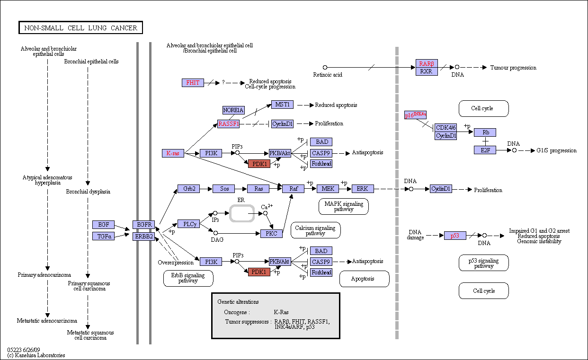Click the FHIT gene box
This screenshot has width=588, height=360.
[x=193, y=83]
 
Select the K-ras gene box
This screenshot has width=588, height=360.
[x=173, y=153]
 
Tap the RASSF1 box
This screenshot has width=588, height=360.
[x=228, y=124]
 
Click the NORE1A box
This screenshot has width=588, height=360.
[x=233, y=110]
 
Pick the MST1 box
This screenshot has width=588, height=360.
[x=282, y=105]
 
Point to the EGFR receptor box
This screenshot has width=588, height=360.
[x=143, y=225]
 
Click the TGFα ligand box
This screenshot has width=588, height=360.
[x=103, y=236]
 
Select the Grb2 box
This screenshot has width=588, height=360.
[x=188, y=189]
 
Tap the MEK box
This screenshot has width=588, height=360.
[x=328, y=189]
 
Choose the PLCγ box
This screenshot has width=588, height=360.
[x=188, y=224]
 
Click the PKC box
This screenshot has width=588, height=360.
[x=271, y=234]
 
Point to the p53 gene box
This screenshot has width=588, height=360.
[x=455, y=236]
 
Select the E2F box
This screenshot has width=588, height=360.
[x=485, y=150]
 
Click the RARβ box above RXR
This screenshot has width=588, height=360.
[x=427, y=63]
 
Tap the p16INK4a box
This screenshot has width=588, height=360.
[x=415, y=115]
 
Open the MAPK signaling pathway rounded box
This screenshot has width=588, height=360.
[x=344, y=207]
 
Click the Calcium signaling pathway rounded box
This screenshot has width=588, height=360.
[x=315, y=230]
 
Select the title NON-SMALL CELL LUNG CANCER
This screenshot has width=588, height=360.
[x=80, y=27]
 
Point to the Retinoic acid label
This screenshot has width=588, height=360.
[x=328, y=75]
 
